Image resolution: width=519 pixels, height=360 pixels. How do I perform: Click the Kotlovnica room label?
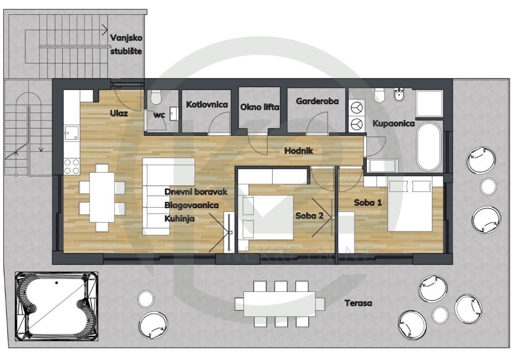pos(207,105)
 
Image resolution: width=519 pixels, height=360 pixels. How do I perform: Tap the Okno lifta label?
pos(260,107)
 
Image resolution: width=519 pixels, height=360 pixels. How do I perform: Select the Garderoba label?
pos(317,101)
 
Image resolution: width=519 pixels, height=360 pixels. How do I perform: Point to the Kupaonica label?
pos(394,124)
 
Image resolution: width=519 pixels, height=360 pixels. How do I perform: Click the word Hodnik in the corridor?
pos(298,151)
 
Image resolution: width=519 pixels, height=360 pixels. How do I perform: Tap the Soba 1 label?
pos(368,203)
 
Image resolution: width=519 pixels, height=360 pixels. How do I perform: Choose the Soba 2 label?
pos(309,216)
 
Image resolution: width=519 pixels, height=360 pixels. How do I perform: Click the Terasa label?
pos(358,303)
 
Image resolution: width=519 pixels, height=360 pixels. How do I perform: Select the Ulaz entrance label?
pos(119,114)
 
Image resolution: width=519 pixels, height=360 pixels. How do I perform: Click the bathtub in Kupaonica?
pos(429,146)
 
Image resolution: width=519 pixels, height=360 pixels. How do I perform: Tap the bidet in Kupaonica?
pos(398,95)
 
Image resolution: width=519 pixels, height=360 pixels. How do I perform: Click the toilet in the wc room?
pos(156,97)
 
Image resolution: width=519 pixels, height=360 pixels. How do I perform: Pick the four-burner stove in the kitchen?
pos(71,166)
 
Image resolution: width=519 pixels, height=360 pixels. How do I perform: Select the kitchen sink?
pos(71,133)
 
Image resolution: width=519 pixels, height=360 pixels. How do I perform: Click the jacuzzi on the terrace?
pos(57,307)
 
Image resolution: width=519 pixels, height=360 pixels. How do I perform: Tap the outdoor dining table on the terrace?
pos(280,304)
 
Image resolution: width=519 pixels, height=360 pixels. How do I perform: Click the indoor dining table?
pos(102,197)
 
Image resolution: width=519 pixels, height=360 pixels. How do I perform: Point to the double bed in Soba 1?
pos(410,204)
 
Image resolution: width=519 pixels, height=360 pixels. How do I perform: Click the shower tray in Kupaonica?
pos(429,103)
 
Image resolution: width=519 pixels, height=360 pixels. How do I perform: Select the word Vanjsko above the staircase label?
pos(126,38)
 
